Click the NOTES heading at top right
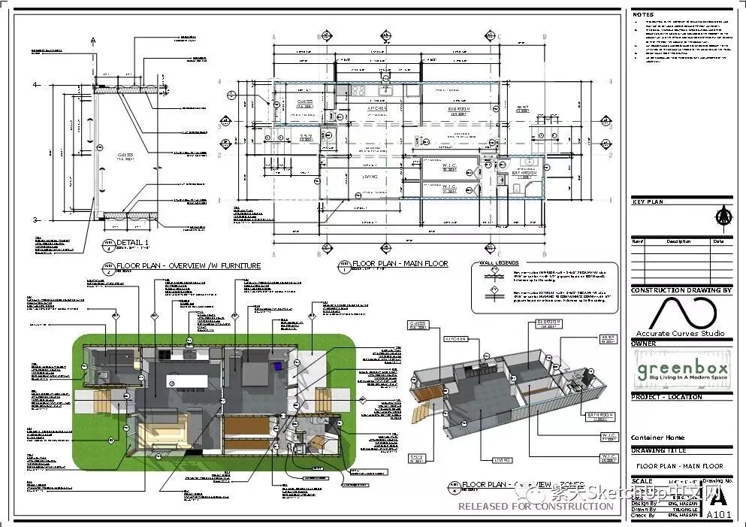point(643,14)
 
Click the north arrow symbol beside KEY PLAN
point(723,217)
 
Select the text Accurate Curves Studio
point(680,333)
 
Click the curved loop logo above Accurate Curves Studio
point(680,312)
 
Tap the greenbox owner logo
point(681,370)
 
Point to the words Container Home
point(657,438)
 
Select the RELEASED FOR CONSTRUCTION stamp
point(536,507)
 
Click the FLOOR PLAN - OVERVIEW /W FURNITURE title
point(188,265)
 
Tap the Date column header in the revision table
point(718,241)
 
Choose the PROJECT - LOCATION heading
point(666,396)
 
